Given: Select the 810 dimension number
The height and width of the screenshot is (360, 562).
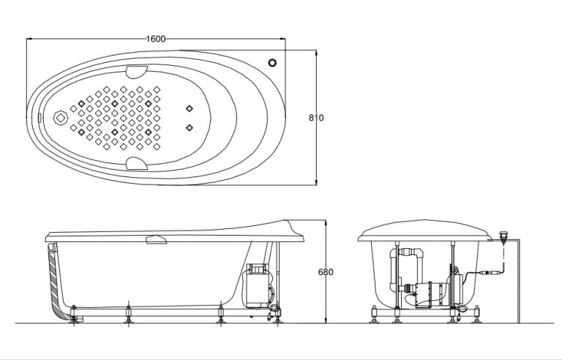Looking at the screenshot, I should click(x=316, y=117).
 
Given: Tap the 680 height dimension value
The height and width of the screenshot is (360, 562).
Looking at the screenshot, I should click(x=326, y=272).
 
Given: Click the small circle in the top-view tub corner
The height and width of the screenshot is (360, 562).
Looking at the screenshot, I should click(x=274, y=62).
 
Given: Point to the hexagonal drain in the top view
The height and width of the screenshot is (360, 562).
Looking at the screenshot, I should click(x=60, y=117).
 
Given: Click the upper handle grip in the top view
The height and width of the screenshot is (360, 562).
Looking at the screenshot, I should click(x=135, y=72).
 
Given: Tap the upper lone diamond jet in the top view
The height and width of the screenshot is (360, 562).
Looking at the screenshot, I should click(x=190, y=108).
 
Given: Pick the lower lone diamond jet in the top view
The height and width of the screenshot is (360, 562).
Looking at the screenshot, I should click(x=190, y=127).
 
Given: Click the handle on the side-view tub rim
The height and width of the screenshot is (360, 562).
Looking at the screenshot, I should click(x=156, y=239).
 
